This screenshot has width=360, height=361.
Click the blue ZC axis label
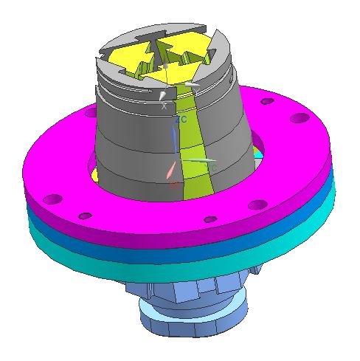(x=181, y=119)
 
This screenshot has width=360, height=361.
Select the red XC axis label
(x=174, y=185)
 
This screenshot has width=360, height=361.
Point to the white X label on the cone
(x=165, y=106)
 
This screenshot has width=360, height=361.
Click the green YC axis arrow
(x=200, y=160)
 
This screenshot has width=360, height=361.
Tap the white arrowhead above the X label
(x=163, y=95)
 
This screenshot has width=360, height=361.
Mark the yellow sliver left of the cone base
(x=97, y=173)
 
